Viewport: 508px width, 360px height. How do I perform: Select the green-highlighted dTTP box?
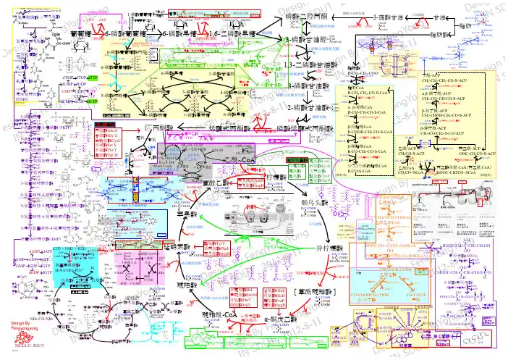(91, 78)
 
